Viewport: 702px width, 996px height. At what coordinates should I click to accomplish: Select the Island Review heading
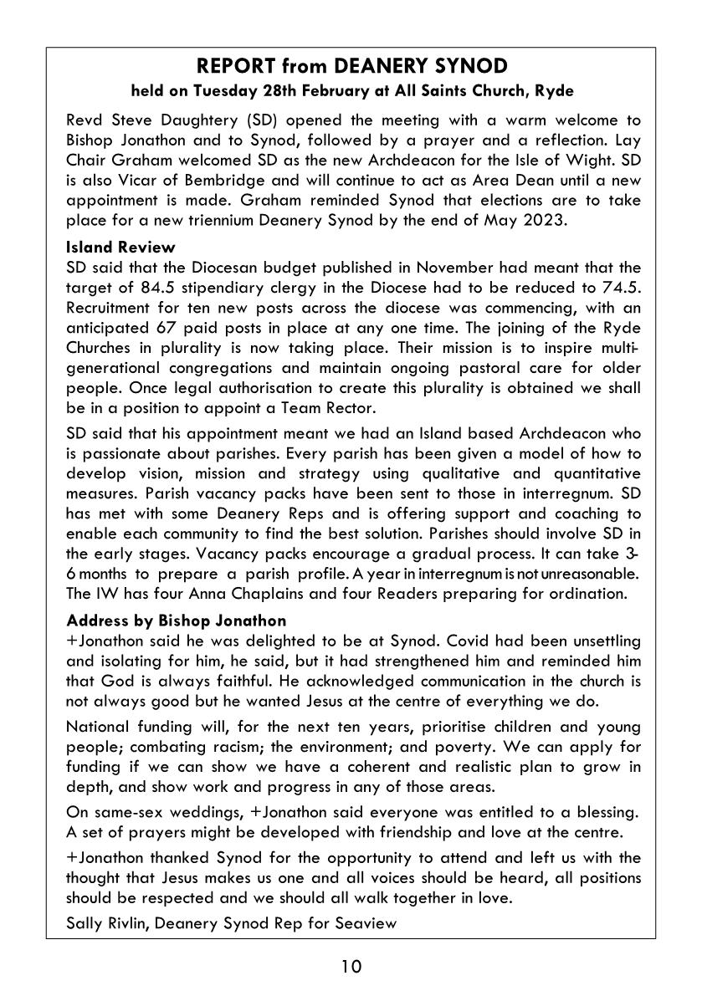pos(120,247)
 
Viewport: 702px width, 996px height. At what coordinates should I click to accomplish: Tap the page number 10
pos(351,968)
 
